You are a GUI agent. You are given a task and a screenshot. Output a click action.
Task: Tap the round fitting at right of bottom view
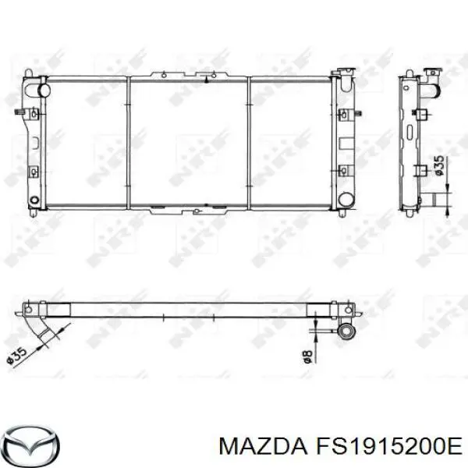pos(345,332)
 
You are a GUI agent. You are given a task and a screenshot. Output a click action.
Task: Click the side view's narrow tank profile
pos(406,140)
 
